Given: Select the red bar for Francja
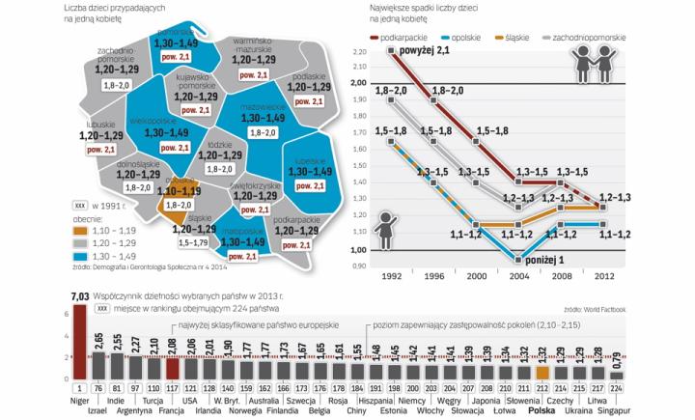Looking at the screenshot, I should pos(173,367).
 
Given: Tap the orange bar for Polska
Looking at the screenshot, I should pos(543,374).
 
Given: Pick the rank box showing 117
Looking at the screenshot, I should pos(173,388).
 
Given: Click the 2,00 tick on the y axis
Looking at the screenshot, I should pos(358,84).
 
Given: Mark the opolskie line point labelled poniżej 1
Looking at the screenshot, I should pos(516,260).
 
